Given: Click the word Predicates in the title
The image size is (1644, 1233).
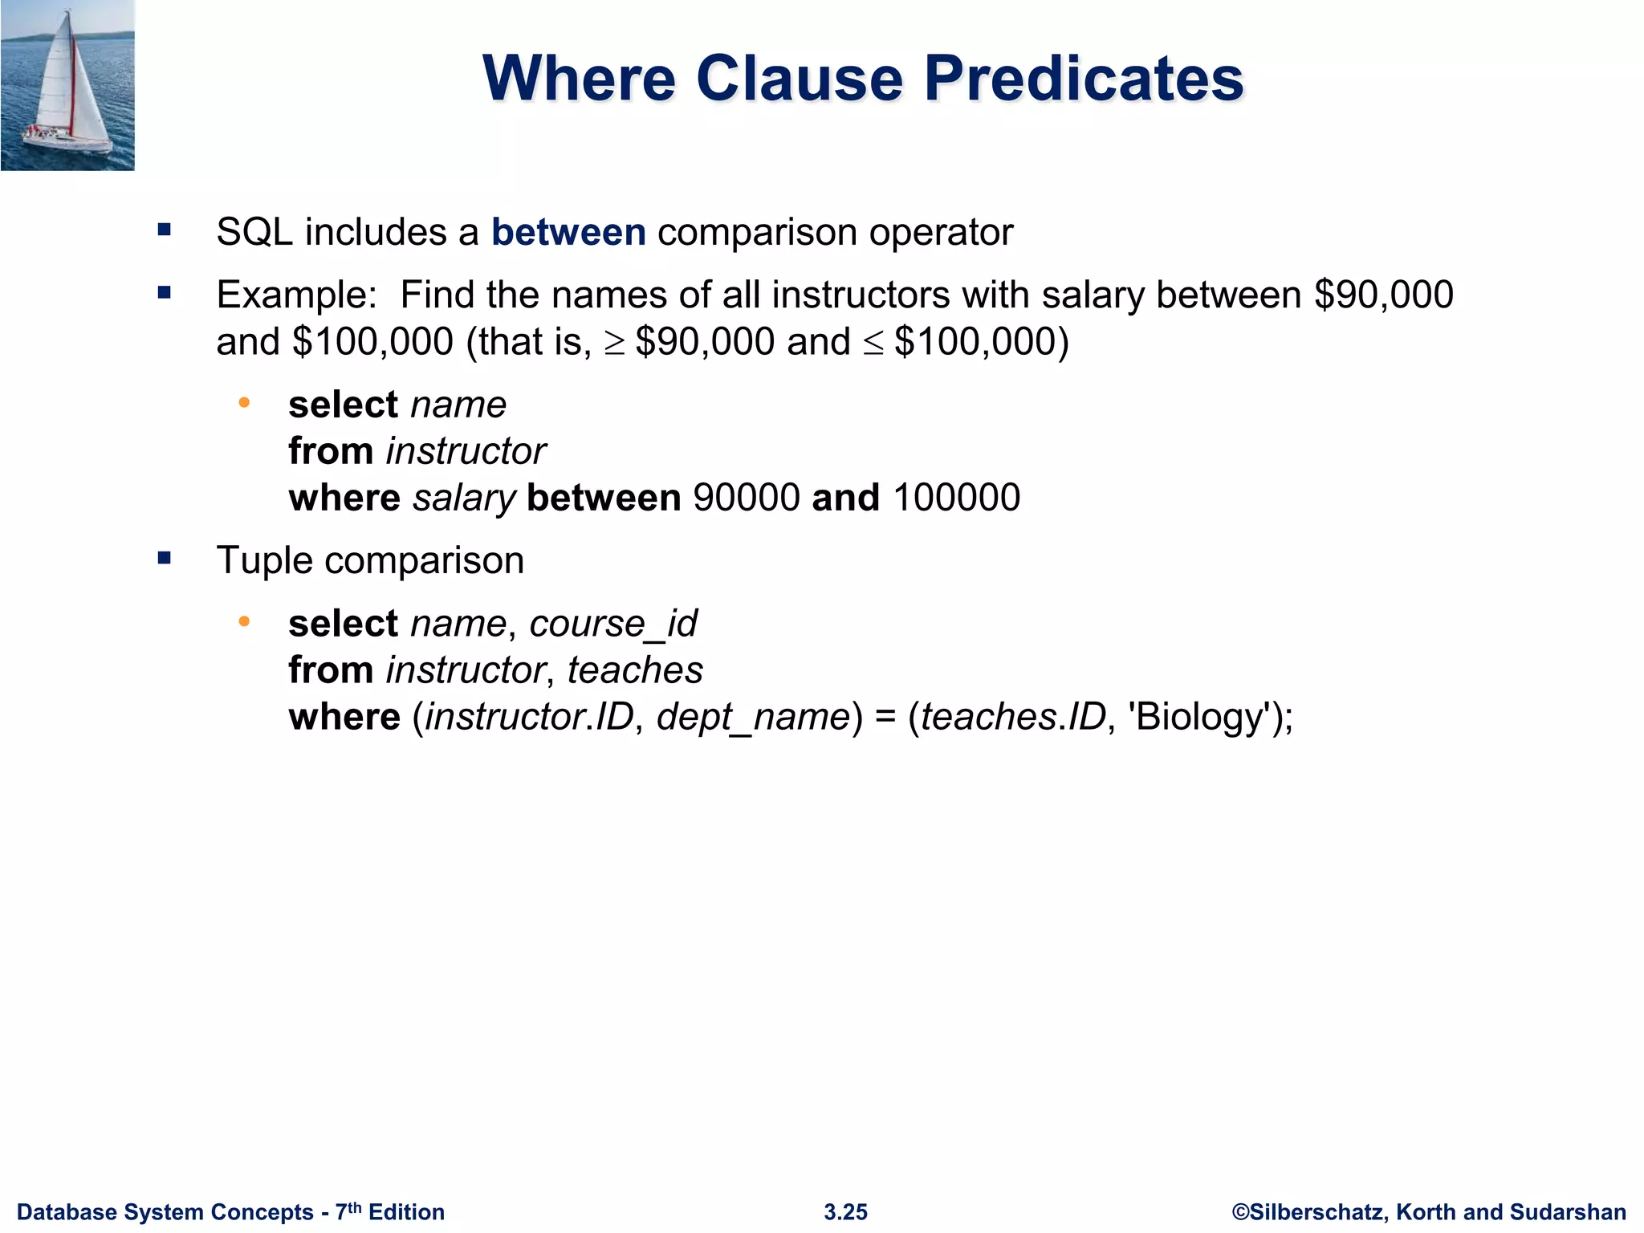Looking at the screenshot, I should tap(1084, 79).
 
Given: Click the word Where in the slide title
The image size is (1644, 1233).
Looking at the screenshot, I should tap(580, 79).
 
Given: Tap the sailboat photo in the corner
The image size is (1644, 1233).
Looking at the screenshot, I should tap(67, 85).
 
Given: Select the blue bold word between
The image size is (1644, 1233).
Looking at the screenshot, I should tap(568, 233).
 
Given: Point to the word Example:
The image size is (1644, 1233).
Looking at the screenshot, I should tap(297, 295).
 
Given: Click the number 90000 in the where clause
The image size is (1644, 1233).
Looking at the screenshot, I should tap(747, 498).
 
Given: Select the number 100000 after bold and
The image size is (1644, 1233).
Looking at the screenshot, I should tap(956, 498).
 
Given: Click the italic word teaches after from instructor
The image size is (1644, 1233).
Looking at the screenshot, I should tap(635, 670).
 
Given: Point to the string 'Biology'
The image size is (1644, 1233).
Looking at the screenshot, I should tap(1199, 717).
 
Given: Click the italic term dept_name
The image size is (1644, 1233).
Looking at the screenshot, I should tap(753, 717).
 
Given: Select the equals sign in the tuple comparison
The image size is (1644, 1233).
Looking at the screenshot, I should tap(885, 717).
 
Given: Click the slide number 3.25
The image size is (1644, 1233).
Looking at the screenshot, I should tap(845, 1212).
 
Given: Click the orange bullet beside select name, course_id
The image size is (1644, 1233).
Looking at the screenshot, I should tap(244, 621).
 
